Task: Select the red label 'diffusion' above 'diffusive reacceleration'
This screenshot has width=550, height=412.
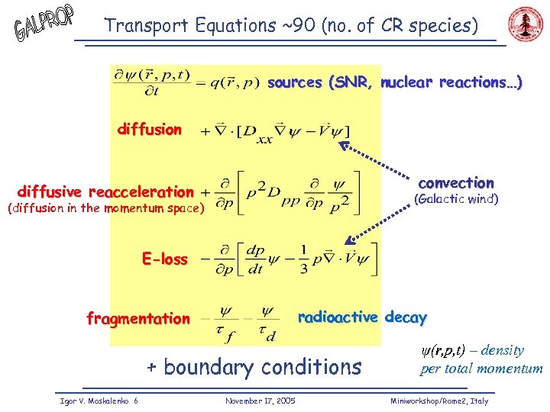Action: [150, 130]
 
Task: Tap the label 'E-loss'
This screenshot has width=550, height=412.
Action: [164, 259]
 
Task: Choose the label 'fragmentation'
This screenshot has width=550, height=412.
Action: [138, 319]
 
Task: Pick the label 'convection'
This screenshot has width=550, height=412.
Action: [456, 183]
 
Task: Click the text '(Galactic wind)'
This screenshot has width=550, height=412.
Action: [455, 200]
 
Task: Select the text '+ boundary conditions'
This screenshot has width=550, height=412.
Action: [254, 367]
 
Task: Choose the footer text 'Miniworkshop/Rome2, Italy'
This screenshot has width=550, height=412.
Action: [438, 400]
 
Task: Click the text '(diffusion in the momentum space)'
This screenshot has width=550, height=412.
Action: [105, 208]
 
